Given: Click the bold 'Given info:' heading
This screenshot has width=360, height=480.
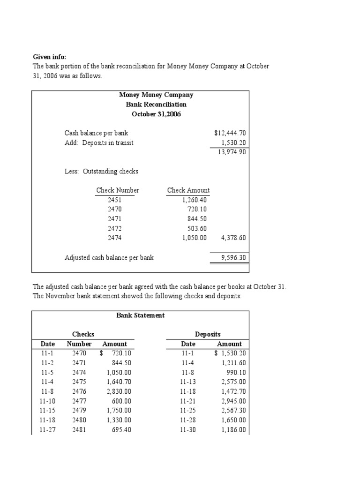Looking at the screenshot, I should (49, 57).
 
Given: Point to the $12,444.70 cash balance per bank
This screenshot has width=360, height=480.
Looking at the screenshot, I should (230, 133).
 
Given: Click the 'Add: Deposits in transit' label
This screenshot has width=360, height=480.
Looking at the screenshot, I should (99, 143).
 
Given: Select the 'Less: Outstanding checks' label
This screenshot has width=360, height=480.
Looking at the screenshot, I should (101, 172).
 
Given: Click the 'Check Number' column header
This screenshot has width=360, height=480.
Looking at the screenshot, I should (118, 190).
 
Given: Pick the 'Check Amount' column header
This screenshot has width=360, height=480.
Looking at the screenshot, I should (188, 190).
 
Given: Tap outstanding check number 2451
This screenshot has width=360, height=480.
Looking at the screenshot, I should (114, 200).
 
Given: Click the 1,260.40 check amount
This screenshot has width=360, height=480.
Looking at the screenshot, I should (195, 200).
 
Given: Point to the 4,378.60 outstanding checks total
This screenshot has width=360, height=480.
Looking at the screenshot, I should (233, 238).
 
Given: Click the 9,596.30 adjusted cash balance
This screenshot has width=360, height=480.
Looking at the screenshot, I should (233, 257).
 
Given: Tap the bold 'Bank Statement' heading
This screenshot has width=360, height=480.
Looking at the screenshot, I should (141, 315).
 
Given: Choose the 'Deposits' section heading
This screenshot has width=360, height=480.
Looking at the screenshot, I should (208, 334).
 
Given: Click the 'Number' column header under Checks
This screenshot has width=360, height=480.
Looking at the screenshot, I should (79, 344).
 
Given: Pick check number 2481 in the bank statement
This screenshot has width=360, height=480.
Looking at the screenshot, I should (79, 430).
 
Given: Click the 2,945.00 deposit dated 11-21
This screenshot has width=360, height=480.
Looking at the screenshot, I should (233, 401).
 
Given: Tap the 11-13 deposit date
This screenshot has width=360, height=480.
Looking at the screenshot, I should (188, 382).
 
